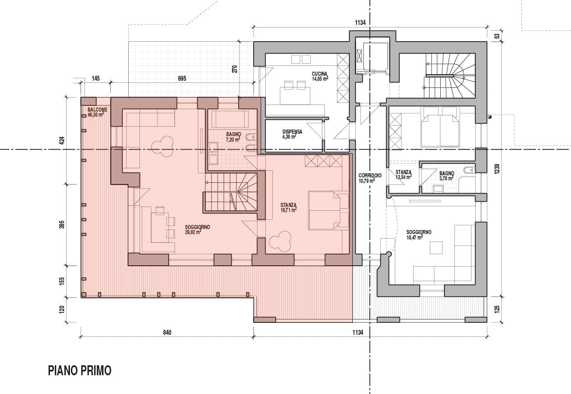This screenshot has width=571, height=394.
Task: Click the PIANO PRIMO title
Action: (x=80, y=371)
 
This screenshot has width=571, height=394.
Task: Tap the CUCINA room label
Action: (x=319, y=74)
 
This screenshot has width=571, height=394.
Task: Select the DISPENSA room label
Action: (x=292, y=132)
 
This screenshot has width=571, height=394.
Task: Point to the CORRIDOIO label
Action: (x=370, y=175)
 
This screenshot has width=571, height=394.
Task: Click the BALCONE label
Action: (x=97, y=110)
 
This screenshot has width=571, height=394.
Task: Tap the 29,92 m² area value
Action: (x=193, y=232)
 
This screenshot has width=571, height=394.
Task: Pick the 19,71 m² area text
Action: (x=289, y=210)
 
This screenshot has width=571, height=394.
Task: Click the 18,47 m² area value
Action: (x=414, y=237)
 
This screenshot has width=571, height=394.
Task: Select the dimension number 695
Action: (x=182, y=78)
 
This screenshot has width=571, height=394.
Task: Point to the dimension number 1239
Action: (x=497, y=169)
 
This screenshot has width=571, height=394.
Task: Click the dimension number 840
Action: (x=167, y=332)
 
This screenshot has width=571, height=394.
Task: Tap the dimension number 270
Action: (x=235, y=69)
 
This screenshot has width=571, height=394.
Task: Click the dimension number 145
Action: (x=96, y=78)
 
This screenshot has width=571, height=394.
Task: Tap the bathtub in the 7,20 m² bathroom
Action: (x=230, y=119)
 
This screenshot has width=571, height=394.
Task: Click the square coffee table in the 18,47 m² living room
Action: (x=436, y=248)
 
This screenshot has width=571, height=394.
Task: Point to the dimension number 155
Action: (x=62, y=282)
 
